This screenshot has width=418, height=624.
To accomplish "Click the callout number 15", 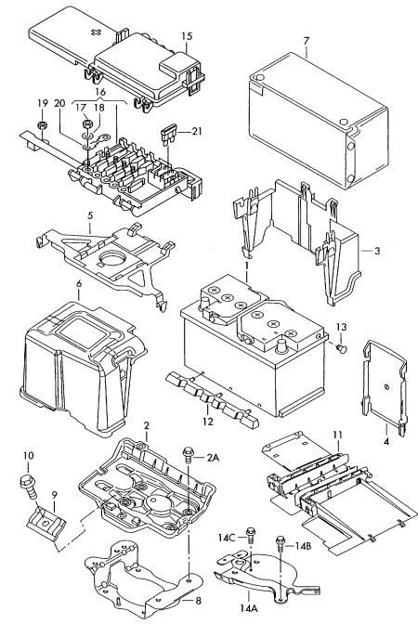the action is click(187, 36).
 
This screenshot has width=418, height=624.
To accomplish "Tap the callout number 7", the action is click(307, 41).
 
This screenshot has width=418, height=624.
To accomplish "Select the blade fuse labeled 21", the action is click(166, 135).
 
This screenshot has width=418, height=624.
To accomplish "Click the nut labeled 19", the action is click(42, 125).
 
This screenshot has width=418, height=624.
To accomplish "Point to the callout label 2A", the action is click(213, 458).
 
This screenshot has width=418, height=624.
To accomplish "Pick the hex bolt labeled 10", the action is click(28, 486).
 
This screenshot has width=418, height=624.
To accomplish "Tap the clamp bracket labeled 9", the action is click(46, 522).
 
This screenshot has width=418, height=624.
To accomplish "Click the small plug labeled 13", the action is click(342, 348).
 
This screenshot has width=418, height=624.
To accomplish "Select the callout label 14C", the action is click(226, 538).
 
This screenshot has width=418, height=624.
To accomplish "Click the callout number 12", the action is click(208, 422).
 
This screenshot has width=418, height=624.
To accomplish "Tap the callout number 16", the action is click(100, 92).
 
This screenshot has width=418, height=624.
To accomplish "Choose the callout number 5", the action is click(90, 215).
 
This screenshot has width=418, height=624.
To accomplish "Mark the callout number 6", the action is click(79, 284).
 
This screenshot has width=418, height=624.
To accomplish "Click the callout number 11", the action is click(337, 435).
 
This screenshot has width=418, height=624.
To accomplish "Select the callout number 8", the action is click(198, 601).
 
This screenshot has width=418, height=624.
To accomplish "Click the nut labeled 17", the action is click(86, 123).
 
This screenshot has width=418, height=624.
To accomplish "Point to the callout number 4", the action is click(386, 442).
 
